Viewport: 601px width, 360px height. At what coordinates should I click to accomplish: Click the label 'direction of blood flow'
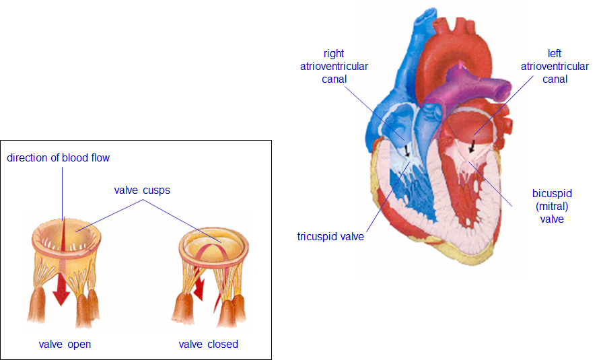(x=58, y=158)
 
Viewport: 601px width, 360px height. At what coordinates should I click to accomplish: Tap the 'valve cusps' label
(x=142, y=190)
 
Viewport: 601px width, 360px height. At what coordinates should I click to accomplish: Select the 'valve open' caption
(x=65, y=345)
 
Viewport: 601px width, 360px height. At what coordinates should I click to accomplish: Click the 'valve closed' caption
(x=208, y=345)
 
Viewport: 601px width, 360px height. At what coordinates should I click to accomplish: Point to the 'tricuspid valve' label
(x=330, y=236)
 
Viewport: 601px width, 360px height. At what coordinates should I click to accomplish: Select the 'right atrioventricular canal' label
(x=334, y=67)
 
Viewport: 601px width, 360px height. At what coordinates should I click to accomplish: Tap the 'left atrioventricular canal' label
(x=555, y=67)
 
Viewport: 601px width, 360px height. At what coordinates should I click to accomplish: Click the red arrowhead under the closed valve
(x=199, y=292)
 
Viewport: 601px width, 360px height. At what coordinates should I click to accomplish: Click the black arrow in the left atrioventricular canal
(x=472, y=146)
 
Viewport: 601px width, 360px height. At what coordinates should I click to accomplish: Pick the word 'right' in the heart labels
(x=334, y=54)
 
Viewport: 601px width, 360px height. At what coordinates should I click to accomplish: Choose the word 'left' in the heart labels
(x=555, y=54)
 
